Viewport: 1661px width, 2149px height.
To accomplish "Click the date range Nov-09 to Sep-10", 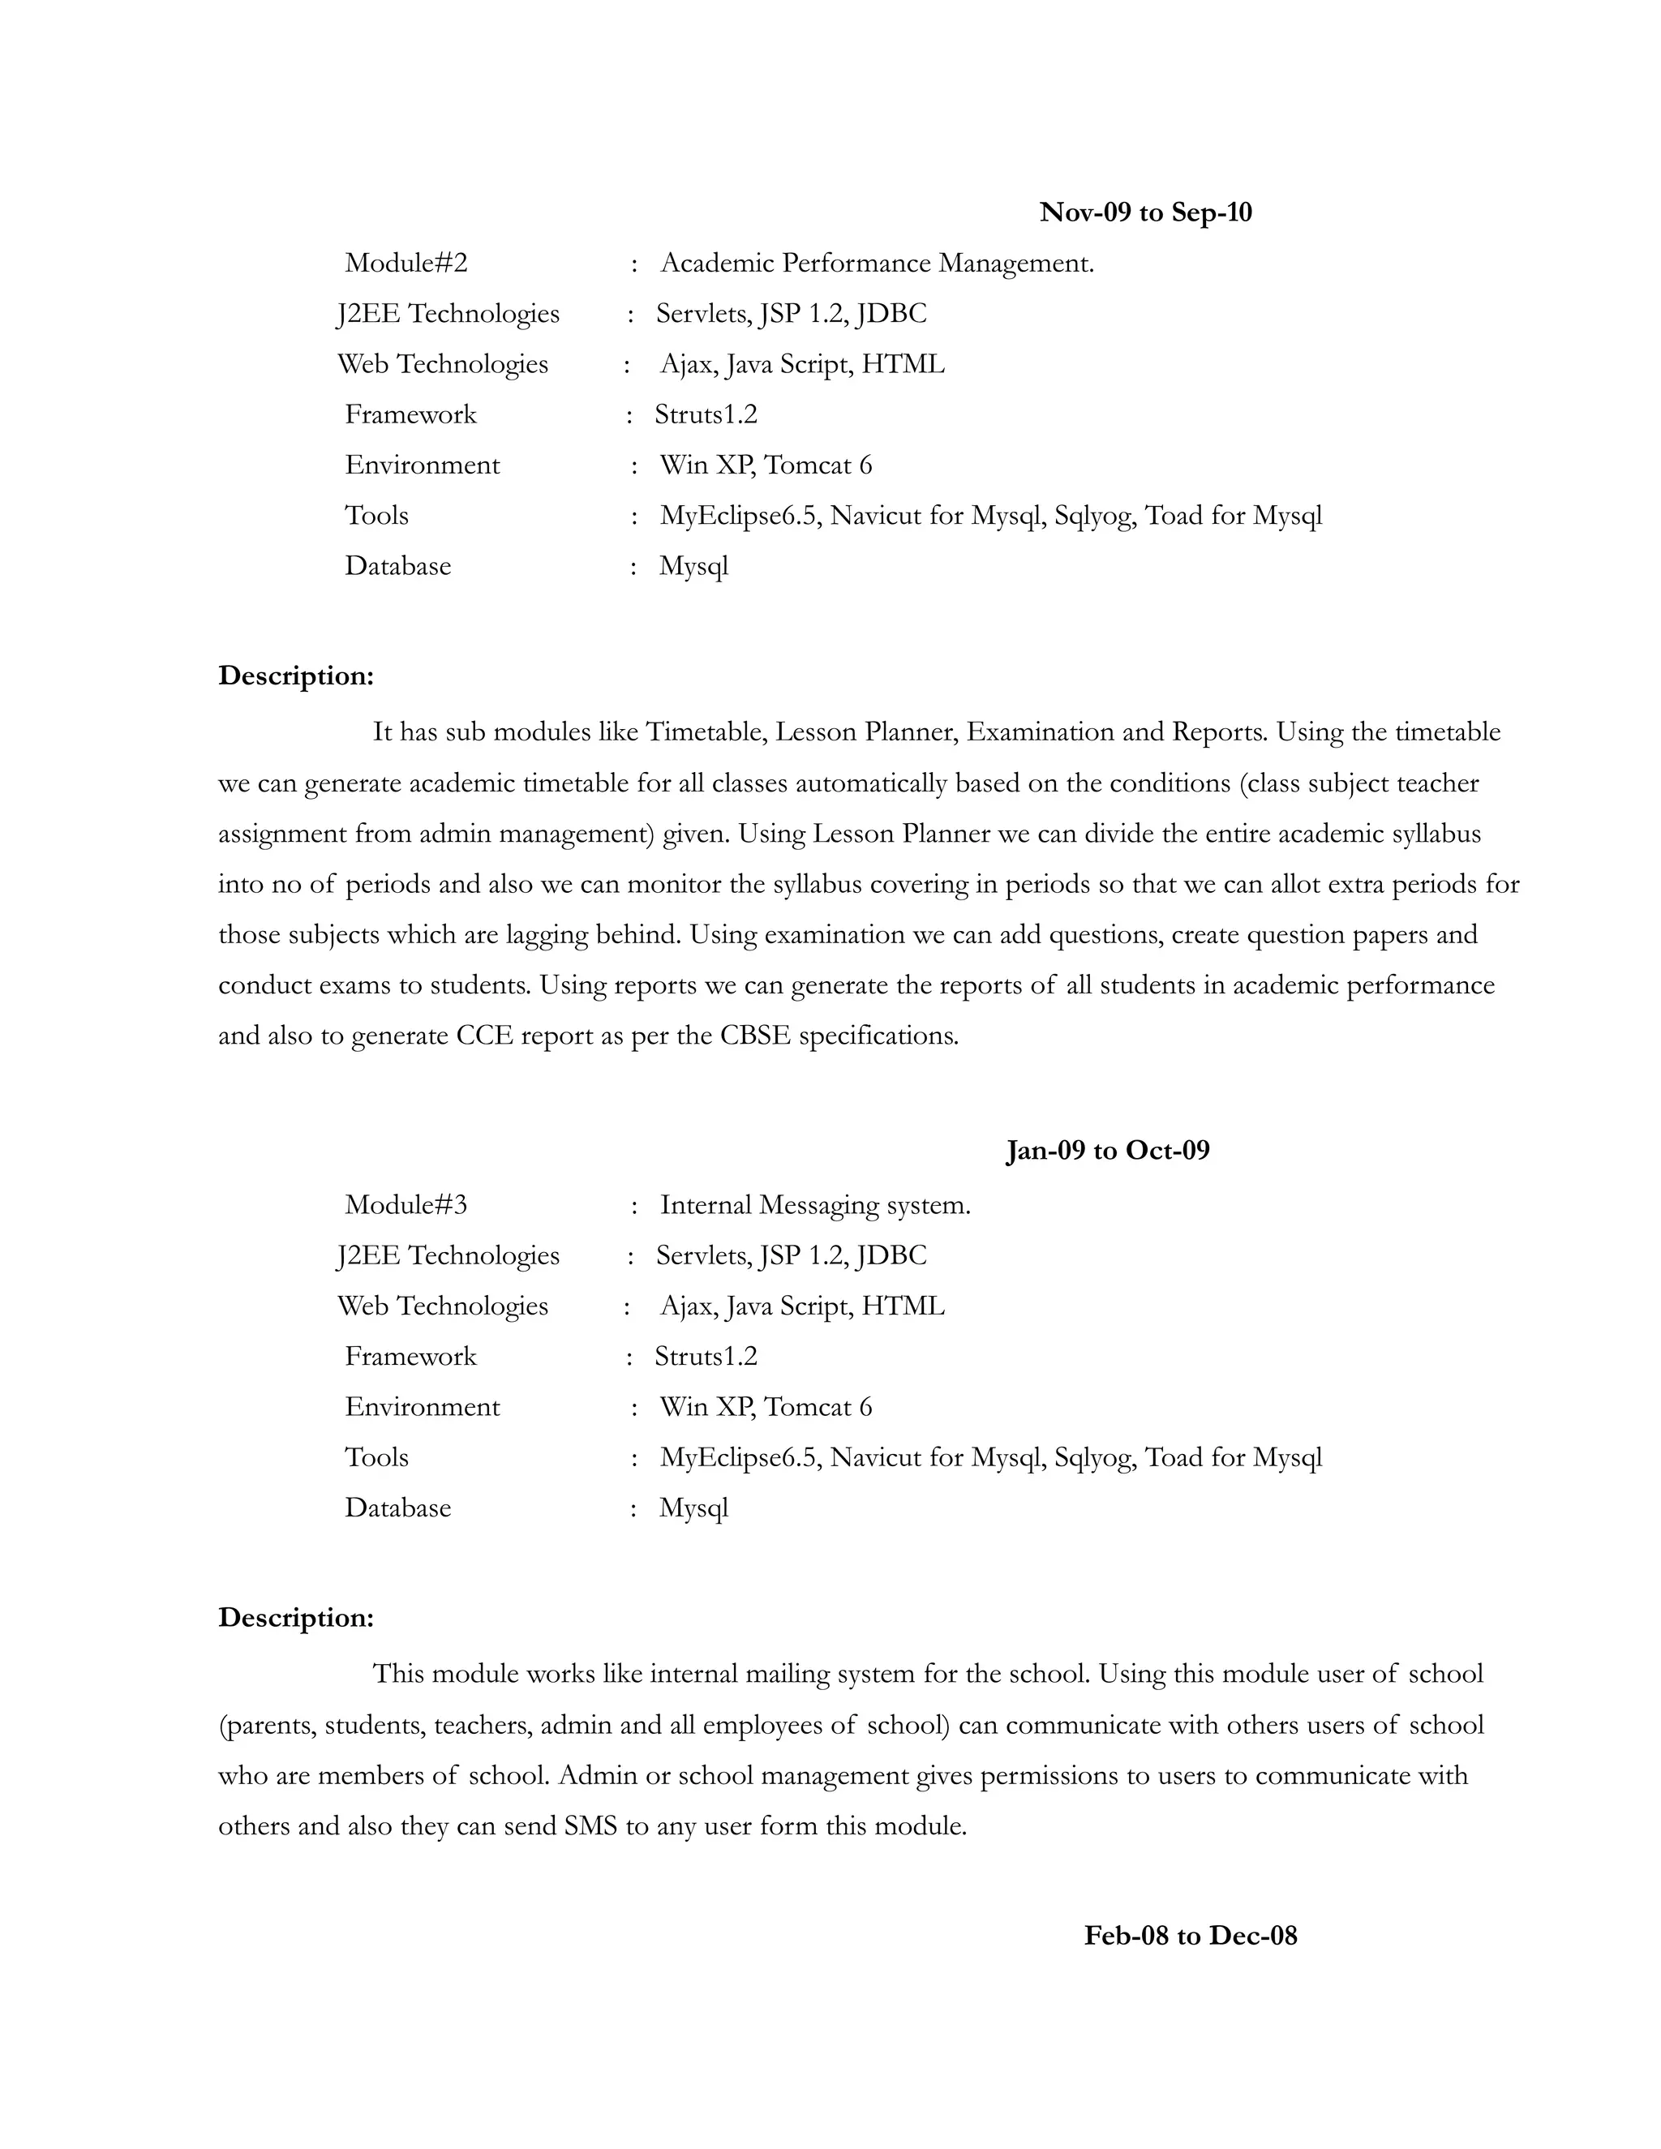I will (x=1145, y=212).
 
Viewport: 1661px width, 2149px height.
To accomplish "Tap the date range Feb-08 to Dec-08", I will (x=1191, y=1936).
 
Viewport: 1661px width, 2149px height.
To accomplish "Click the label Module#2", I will (x=406, y=263).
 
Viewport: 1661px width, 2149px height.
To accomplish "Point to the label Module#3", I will (x=406, y=1204).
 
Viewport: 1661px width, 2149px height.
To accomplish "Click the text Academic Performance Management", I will (x=877, y=263).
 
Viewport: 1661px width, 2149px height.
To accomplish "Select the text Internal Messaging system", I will (x=815, y=1204).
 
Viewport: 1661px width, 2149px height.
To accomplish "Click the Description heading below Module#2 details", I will (x=296, y=676).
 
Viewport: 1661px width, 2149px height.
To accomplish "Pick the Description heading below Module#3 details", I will (x=296, y=1618).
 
